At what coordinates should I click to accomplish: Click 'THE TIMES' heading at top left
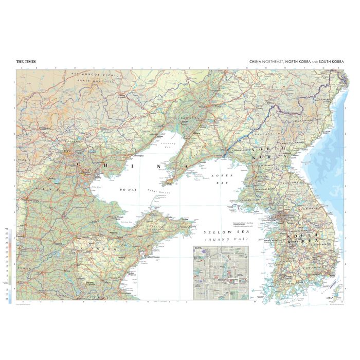click(x=25, y=62)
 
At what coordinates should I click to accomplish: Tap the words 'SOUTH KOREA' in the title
click(x=331, y=62)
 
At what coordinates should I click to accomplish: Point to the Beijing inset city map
click(x=221, y=273)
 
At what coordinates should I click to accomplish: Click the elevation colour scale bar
click(x=10, y=262)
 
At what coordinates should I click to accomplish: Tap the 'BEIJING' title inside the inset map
click(x=198, y=248)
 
